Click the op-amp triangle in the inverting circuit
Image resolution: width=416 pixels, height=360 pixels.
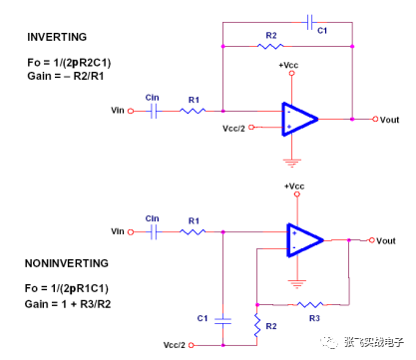[x=298, y=118]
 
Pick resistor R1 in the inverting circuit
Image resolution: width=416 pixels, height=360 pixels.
[x=194, y=111]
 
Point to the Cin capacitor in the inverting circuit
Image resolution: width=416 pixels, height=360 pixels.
[x=154, y=111]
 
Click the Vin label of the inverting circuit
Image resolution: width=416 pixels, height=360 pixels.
[x=123, y=111]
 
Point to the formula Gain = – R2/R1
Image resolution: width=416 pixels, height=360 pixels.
[x=72, y=75]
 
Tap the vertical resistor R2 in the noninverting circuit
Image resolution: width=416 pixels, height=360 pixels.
[x=257, y=324]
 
